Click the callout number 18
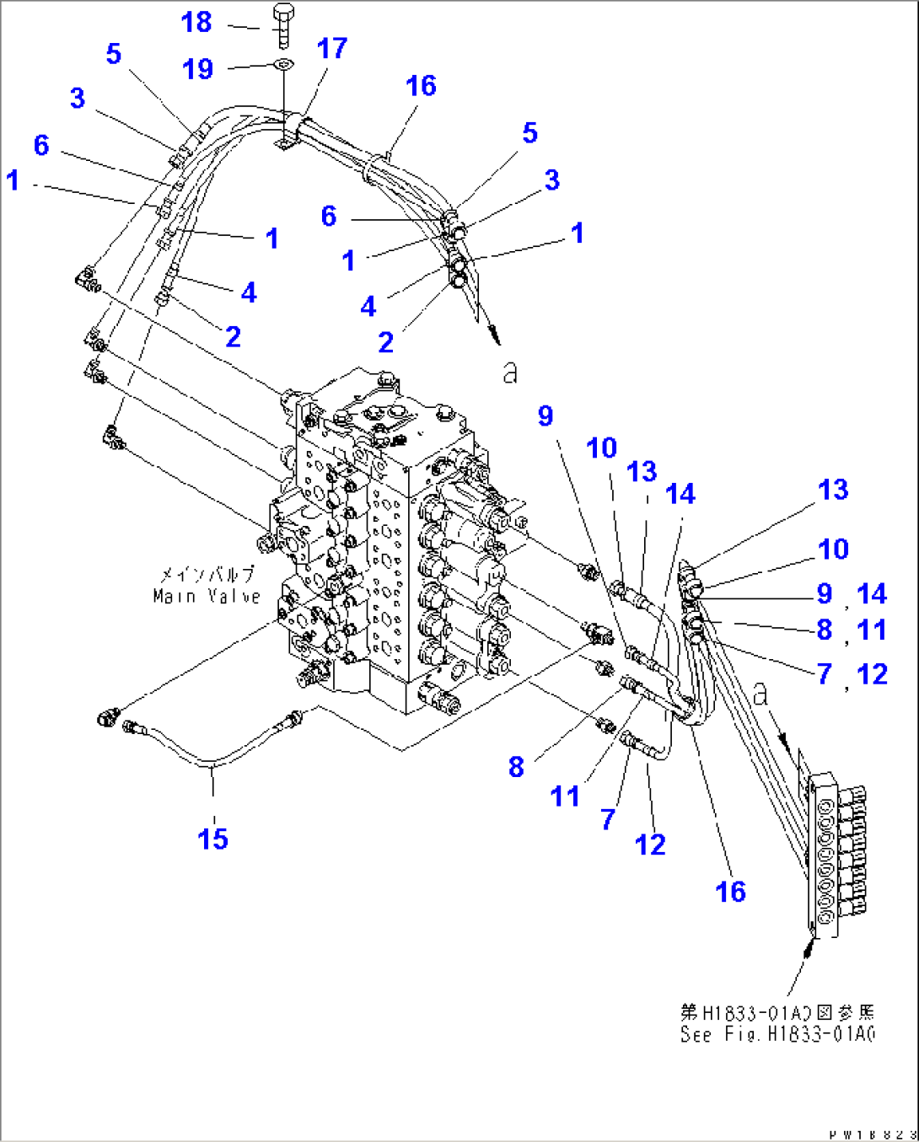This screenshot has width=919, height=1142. (x=196, y=23)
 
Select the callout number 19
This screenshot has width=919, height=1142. (x=198, y=69)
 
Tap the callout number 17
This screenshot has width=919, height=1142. (x=331, y=49)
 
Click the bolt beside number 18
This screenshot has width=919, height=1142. (x=283, y=25)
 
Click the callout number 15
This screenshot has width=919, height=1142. (x=212, y=838)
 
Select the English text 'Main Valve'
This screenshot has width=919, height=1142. (x=207, y=596)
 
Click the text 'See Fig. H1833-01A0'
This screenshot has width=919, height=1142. (x=777, y=1034)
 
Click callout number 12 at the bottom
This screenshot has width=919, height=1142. (x=650, y=844)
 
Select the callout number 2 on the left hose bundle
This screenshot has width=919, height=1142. (x=233, y=336)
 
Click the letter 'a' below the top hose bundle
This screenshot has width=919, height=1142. (x=509, y=372)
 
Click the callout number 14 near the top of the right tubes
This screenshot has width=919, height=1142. (x=680, y=494)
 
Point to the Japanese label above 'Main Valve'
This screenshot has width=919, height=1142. (x=207, y=575)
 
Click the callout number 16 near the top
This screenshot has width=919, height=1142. (x=420, y=86)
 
